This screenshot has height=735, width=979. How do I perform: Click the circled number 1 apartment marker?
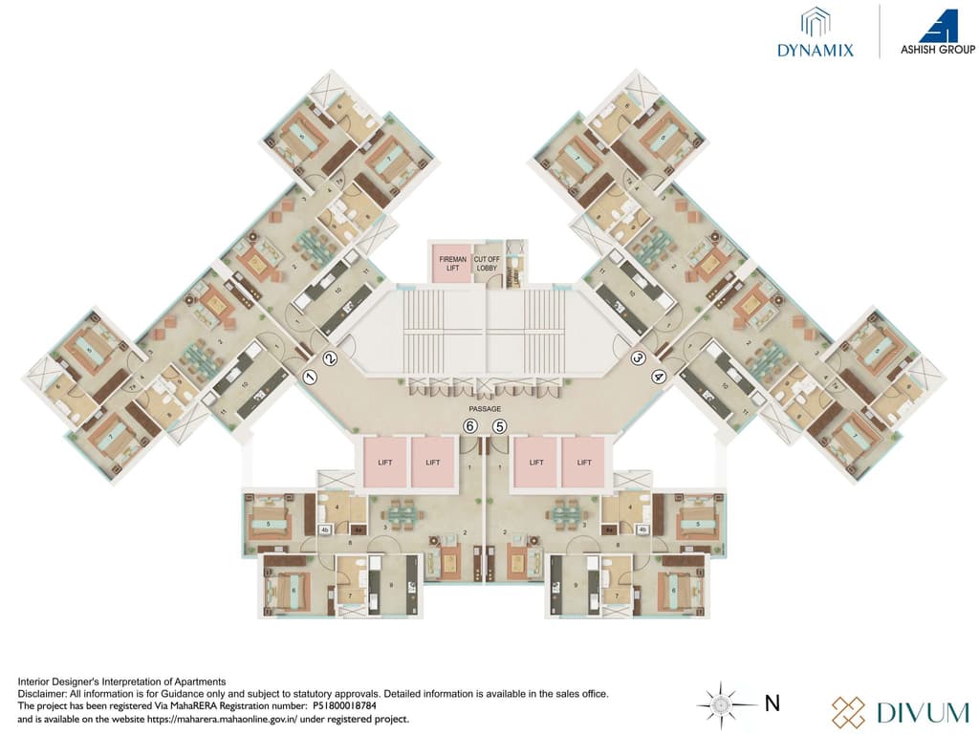point(310,377)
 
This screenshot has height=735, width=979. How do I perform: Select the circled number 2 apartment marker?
point(331,359)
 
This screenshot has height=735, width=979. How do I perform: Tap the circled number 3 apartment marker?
point(639,358)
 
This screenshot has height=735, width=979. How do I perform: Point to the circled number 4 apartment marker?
point(659,377)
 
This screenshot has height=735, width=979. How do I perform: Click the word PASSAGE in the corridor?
point(485,408)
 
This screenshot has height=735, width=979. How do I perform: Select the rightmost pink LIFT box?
point(584,462)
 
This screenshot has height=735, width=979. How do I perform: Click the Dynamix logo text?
point(816,49)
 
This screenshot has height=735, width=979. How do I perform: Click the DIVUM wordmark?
point(907,711)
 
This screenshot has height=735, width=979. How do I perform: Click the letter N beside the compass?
point(772,704)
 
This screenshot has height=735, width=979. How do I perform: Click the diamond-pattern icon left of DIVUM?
point(848,711)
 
